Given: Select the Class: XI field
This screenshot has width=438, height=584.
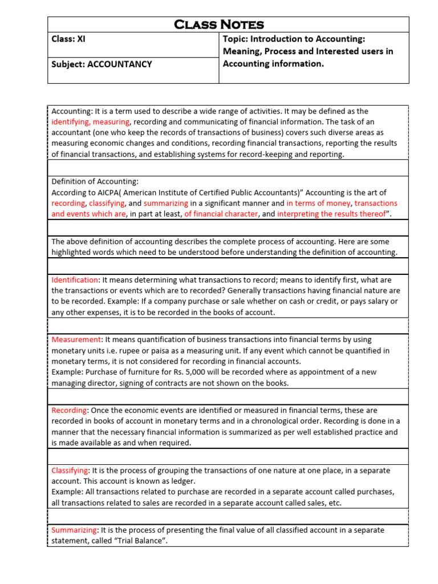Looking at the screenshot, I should pos(69,39).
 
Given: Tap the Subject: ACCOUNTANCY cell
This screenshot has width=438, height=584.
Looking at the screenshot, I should pos(102,64).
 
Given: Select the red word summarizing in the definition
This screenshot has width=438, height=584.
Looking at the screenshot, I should pos(165,203).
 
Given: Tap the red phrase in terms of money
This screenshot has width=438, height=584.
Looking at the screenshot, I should pos(318,203).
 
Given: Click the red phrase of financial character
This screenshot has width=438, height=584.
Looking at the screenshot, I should pos(221,214).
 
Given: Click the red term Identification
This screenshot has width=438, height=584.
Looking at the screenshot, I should pos(75,280).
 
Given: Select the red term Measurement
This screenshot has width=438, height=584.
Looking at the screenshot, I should pos(76,339).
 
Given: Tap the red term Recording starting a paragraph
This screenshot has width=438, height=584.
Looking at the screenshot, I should pos(69,410).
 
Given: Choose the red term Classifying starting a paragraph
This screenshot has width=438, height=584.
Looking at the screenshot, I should pos(70,470).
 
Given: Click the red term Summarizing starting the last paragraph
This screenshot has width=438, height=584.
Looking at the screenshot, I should pos(74,530).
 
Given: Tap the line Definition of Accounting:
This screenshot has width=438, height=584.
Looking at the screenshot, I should pos(95,181).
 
